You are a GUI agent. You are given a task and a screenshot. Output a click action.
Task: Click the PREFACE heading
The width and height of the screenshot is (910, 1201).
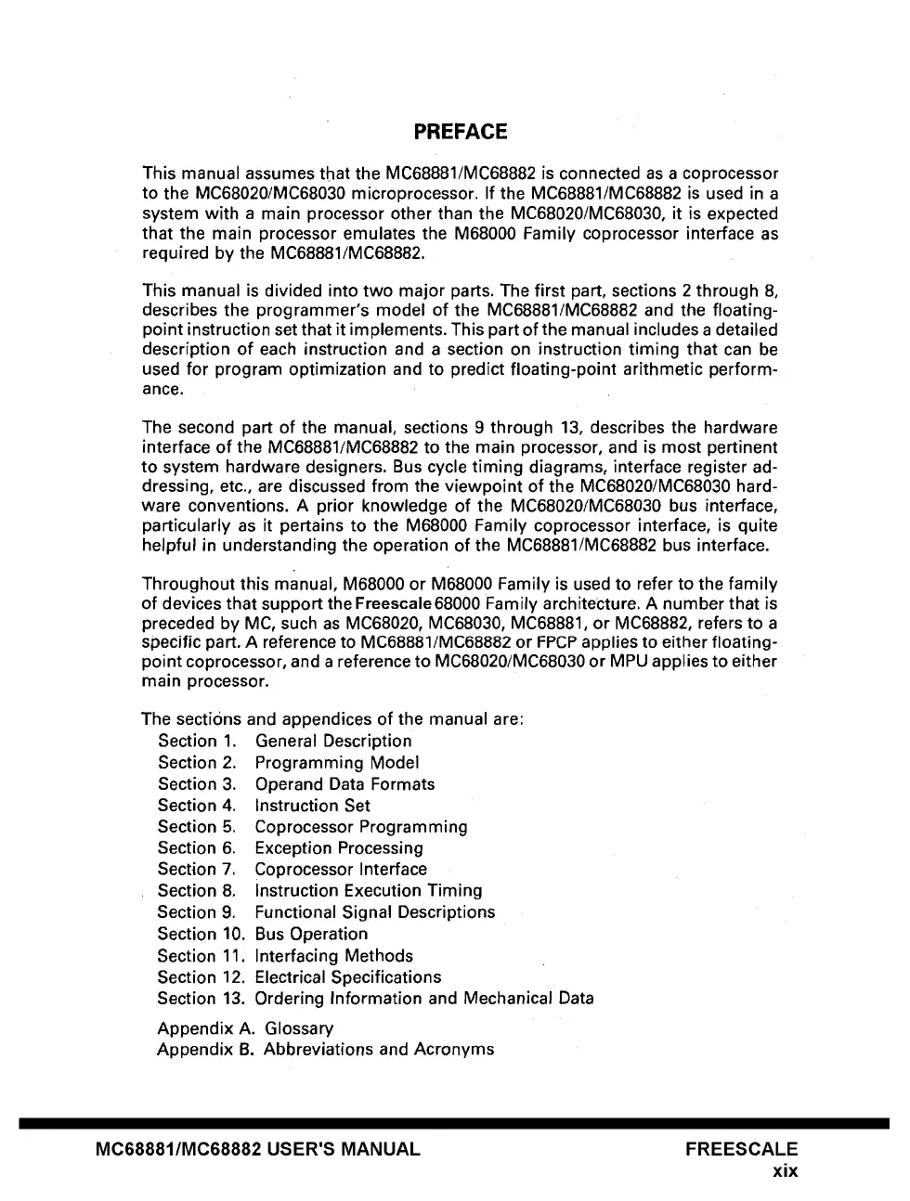(461, 132)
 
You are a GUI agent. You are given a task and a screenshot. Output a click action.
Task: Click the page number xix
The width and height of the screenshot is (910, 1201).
(785, 1171)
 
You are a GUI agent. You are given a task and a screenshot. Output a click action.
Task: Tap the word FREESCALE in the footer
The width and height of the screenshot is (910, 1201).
(741, 1149)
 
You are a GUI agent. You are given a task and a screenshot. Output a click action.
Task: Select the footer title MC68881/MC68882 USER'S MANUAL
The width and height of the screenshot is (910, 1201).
(258, 1149)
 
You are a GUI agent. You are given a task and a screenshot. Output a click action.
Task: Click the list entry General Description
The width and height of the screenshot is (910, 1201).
(333, 741)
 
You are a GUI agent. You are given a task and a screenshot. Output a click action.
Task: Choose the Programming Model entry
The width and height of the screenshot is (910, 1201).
(337, 763)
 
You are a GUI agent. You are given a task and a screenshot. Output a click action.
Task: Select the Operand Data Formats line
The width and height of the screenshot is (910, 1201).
(344, 784)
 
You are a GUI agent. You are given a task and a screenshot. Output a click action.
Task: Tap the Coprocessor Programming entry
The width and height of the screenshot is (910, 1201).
(361, 827)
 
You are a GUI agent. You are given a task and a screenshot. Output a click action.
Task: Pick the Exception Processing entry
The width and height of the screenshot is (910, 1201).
(339, 848)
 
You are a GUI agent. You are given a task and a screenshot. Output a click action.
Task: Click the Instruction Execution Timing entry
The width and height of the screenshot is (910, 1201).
(369, 891)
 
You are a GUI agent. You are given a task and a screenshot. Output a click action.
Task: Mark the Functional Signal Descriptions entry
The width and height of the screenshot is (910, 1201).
(375, 912)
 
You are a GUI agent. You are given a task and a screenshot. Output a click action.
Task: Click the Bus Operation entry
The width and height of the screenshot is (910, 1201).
(311, 935)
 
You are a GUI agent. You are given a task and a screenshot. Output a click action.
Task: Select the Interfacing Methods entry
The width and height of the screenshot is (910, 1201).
(333, 956)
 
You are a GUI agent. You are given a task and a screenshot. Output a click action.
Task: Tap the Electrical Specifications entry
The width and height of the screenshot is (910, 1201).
(348, 977)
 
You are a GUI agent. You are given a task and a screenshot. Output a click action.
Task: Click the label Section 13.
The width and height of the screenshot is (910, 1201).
(201, 999)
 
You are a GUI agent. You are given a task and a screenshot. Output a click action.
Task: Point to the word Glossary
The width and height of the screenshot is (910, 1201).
(299, 1028)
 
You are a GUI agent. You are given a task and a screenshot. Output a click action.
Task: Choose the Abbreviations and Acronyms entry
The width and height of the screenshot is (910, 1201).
(379, 1050)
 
